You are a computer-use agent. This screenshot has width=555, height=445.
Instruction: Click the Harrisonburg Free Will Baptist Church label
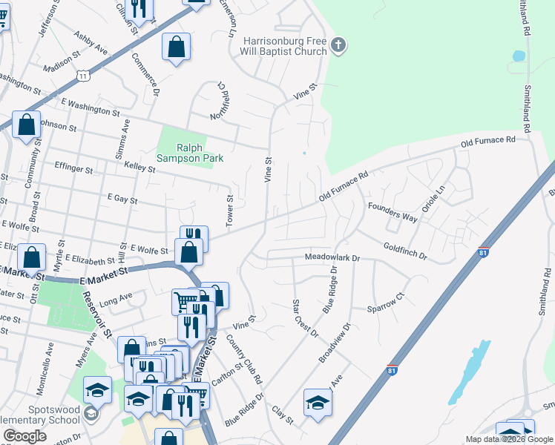pos(284,46)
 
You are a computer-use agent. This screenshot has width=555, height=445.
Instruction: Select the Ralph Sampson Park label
pos(190,152)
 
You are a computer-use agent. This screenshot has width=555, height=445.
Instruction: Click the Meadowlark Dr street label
pos(332,258)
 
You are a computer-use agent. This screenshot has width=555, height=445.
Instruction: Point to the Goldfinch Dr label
pos(405,251)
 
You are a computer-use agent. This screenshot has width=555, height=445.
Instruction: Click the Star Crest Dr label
pos(304,317)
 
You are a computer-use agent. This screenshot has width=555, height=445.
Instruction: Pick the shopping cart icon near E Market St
pos(184,301)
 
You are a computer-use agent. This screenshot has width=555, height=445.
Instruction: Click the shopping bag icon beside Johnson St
pos(27,127)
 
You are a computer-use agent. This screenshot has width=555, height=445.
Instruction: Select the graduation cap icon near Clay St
pos(318,403)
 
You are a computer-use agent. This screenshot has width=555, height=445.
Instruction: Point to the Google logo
pos(24,437)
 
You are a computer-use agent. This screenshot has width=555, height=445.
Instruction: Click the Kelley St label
pos(139,168)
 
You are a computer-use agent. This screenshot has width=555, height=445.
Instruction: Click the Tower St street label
pos(230,212)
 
